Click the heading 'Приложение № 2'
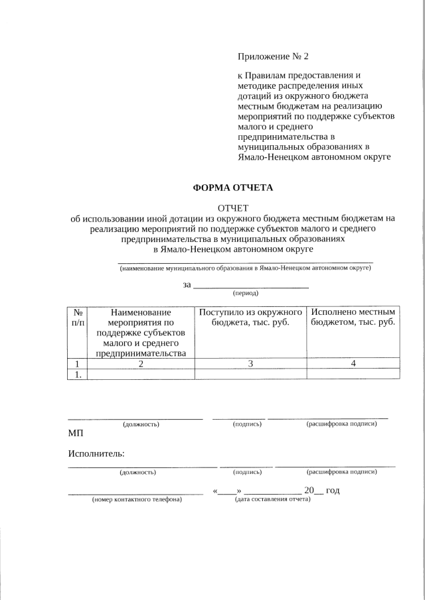(x=273, y=55)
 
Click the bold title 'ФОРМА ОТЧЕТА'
(x=232, y=188)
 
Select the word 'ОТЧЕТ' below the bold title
(x=232, y=209)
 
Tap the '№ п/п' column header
(x=78, y=317)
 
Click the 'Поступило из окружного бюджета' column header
(x=250, y=317)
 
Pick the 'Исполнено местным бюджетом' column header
(x=353, y=317)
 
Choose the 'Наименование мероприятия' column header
(x=141, y=332)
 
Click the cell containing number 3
(x=250, y=363)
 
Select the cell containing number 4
(x=353, y=363)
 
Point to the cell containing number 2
(x=141, y=363)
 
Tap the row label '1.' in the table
(x=78, y=374)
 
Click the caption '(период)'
(x=245, y=292)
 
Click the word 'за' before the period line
(x=187, y=285)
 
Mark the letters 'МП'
(x=76, y=434)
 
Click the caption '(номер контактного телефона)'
(x=136, y=499)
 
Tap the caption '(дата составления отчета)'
(x=272, y=499)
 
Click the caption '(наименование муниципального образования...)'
(x=245, y=269)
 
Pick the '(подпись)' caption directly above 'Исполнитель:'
(x=247, y=424)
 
